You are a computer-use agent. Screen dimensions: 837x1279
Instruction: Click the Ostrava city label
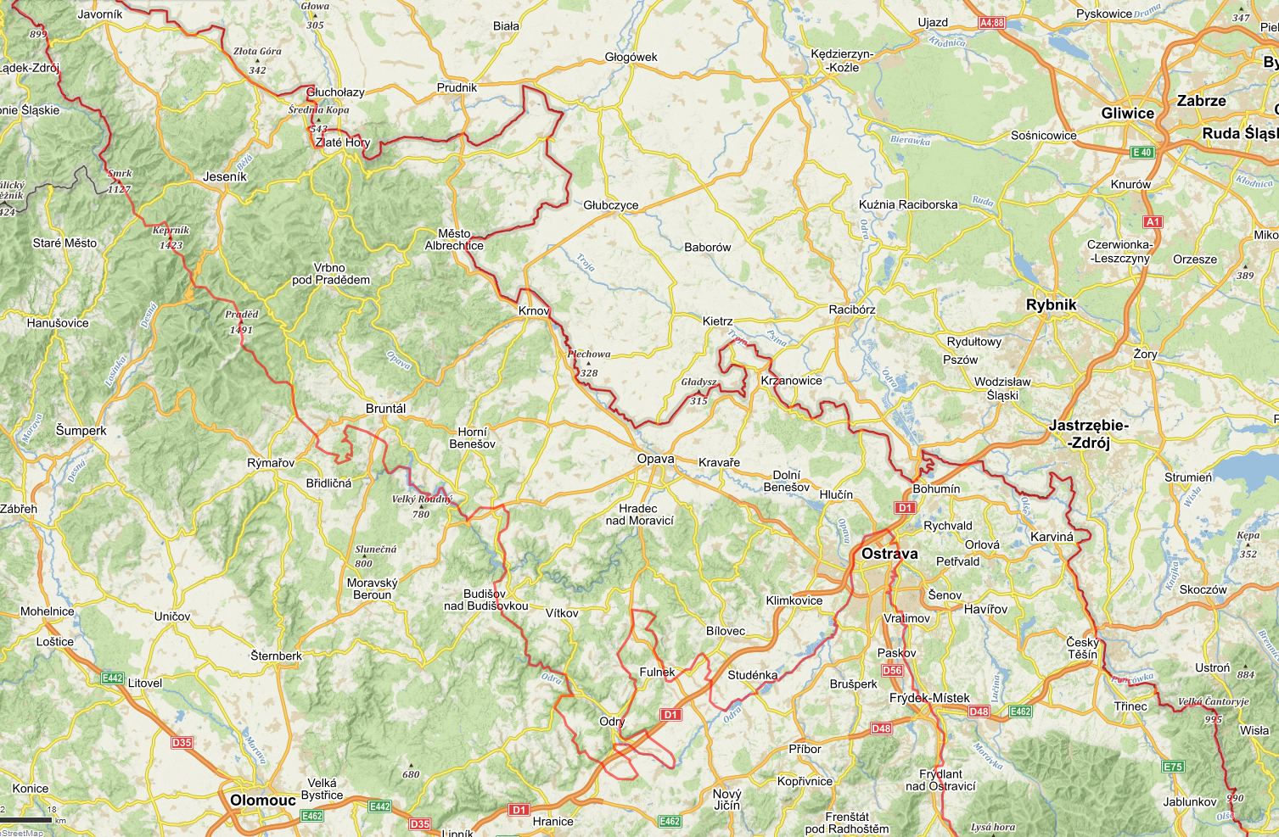(889, 554)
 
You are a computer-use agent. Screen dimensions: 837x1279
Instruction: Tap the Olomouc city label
(263, 800)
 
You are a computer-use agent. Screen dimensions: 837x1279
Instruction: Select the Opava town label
(655, 459)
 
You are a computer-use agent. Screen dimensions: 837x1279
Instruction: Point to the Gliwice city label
(1127, 114)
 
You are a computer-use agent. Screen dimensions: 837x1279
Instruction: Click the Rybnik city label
(1051, 304)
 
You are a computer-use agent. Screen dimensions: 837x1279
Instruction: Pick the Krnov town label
(534, 311)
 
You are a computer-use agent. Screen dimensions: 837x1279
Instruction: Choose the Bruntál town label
(385, 409)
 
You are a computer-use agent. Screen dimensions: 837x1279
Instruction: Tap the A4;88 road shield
(991, 23)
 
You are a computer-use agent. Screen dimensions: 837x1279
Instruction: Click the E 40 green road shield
(1142, 153)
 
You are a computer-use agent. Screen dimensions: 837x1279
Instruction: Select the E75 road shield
(1173, 767)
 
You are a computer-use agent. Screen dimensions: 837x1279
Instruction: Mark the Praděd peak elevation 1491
(241, 330)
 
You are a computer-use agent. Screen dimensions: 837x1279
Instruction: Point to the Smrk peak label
(120, 174)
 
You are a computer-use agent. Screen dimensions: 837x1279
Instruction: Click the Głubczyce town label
(610, 205)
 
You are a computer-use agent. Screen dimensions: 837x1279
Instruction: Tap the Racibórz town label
(851, 310)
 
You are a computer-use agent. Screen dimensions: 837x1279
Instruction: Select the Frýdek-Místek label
(929, 698)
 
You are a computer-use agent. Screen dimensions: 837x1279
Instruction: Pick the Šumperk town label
(81, 431)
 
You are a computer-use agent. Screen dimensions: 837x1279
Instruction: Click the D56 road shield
(892, 670)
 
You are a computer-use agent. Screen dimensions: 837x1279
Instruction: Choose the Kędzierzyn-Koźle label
(842, 60)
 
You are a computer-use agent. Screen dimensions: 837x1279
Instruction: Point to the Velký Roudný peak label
(422, 499)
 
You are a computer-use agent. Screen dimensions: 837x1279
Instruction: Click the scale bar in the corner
(25, 820)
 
